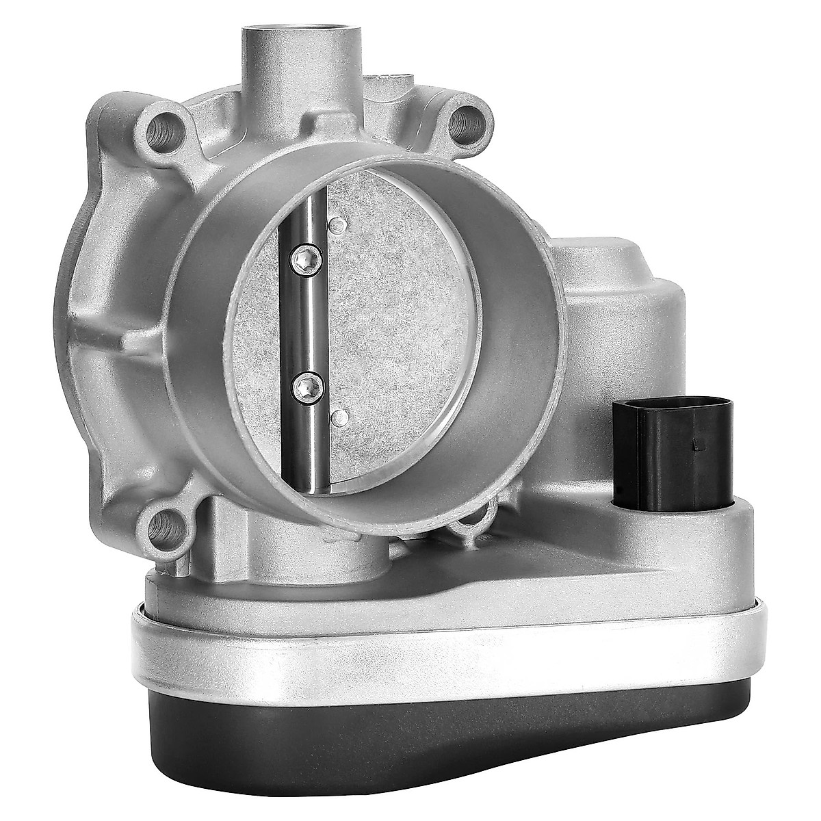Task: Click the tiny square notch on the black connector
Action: pos(695,445)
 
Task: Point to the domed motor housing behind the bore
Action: pos(616,287)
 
